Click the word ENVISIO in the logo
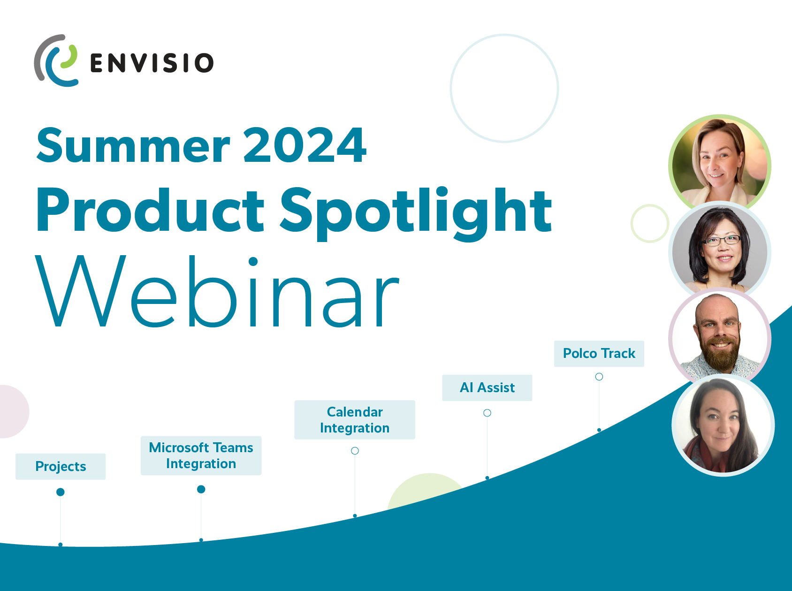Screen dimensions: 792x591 pyautogui.click(x=152, y=63)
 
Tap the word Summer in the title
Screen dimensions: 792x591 pyautogui.click(x=133, y=146)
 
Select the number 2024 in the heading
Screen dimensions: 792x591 pyautogui.click(x=305, y=145)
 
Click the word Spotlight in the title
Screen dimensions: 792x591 pyautogui.click(x=416, y=213)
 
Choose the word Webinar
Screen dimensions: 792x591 pyautogui.click(x=217, y=292)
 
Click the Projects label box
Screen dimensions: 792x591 pyautogui.click(x=61, y=466)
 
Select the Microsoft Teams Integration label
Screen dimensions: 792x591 pyautogui.click(x=201, y=455)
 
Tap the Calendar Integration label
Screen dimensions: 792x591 pyautogui.click(x=355, y=420)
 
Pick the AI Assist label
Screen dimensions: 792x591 pyautogui.click(x=487, y=387)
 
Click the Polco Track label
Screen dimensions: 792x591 pyautogui.click(x=599, y=354)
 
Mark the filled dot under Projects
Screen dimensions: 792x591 pyautogui.click(x=61, y=492)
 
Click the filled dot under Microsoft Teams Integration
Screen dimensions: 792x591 pyautogui.click(x=201, y=489)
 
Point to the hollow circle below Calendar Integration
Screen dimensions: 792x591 pyautogui.click(x=355, y=451)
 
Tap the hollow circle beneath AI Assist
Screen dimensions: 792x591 pyautogui.click(x=487, y=413)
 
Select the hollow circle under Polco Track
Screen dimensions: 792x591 pyautogui.click(x=599, y=377)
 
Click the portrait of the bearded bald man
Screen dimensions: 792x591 pyautogui.click(x=720, y=337)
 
